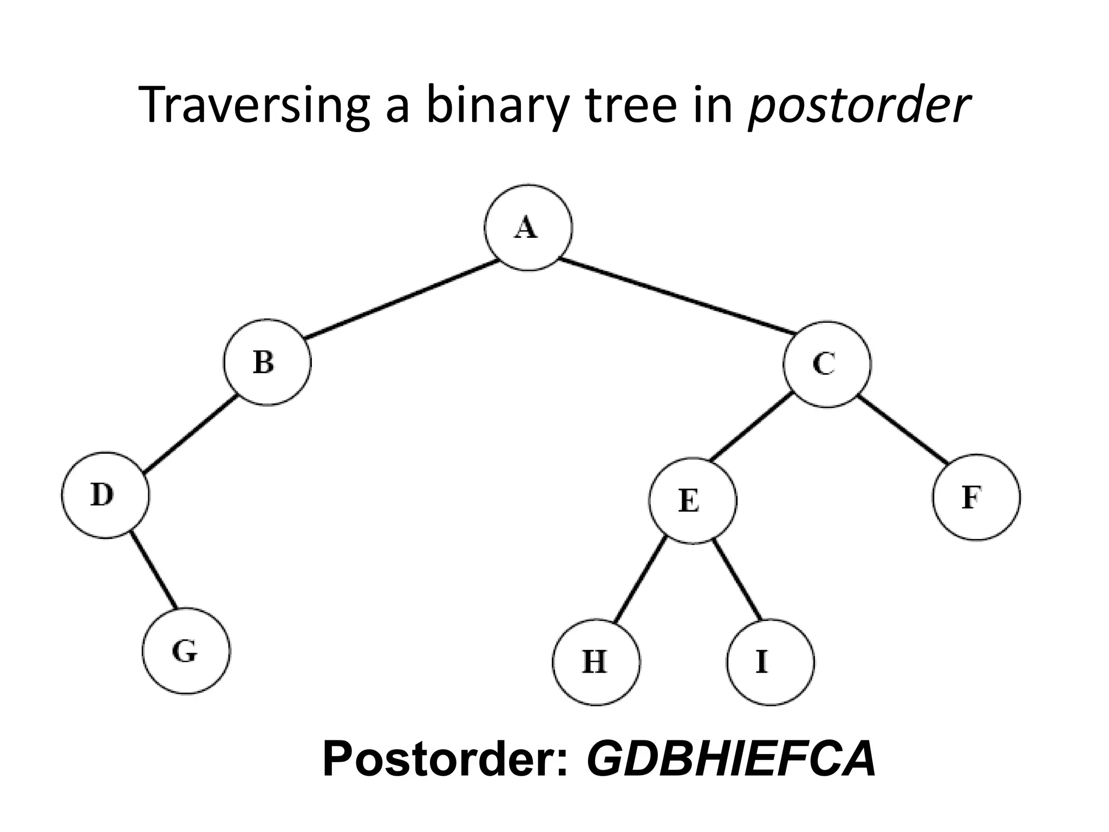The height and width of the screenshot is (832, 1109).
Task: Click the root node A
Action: (x=528, y=227)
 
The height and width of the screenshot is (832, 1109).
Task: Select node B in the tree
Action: (x=268, y=362)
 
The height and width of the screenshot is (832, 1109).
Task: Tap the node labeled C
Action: (x=827, y=364)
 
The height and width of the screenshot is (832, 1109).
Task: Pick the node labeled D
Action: (x=106, y=495)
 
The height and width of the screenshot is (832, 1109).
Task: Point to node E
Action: (x=693, y=500)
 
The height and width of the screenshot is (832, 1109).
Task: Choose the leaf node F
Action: (x=976, y=497)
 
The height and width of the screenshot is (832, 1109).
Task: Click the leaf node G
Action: (x=186, y=651)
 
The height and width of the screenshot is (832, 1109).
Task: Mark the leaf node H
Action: (x=596, y=662)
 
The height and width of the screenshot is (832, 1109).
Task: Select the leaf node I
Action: (x=770, y=662)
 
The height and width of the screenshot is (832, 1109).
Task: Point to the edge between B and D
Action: (x=192, y=433)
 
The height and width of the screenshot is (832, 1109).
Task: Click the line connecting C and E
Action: (x=751, y=428)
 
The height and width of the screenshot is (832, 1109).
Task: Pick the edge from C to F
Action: (x=903, y=431)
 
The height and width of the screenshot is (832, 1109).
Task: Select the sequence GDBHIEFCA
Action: (x=731, y=758)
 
